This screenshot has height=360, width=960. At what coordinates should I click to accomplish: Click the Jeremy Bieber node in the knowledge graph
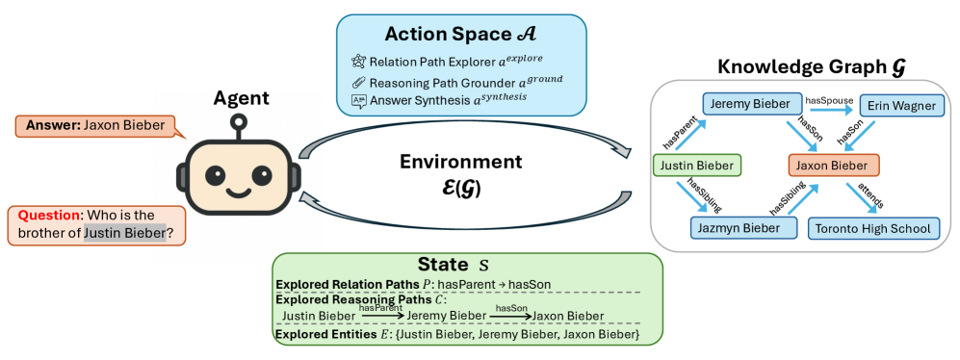[745, 105]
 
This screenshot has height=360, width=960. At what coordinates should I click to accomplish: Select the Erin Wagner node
[901, 106]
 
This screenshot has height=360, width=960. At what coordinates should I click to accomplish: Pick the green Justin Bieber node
[697, 166]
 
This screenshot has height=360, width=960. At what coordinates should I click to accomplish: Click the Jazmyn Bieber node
[744, 228]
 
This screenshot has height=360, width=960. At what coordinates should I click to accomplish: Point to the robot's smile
[240, 193]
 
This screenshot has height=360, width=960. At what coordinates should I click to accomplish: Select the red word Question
[50, 216]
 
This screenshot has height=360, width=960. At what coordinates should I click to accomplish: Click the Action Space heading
[460, 35]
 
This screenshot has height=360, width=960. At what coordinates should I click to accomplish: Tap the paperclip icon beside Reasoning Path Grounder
[358, 82]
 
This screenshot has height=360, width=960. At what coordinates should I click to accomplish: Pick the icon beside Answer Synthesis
[358, 101]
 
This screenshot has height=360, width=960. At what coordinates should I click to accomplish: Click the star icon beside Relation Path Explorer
[358, 62]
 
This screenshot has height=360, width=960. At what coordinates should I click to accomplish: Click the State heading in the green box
[454, 265]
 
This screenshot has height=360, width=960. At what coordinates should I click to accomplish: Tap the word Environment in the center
[461, 162]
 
